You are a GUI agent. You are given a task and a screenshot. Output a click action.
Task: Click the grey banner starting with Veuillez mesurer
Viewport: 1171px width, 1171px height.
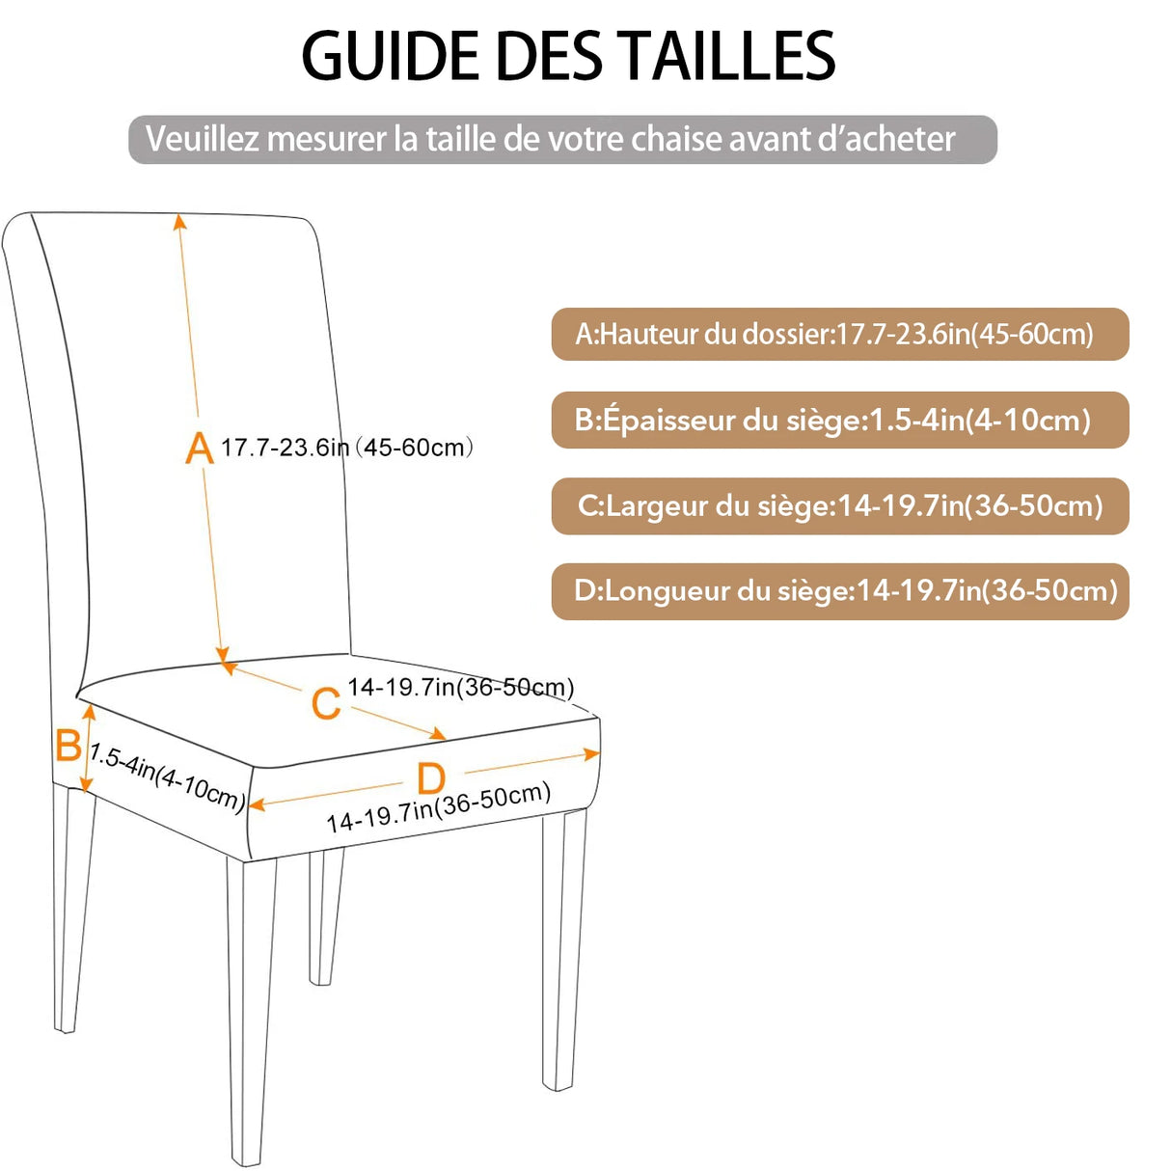click(562, 140)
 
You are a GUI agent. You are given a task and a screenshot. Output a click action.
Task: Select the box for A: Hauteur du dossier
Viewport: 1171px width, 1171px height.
click(839, 335)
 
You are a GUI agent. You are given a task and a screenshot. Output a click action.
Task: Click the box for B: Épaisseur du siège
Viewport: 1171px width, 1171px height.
click(839, 421)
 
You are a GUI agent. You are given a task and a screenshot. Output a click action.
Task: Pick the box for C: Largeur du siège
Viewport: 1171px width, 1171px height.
click(839, 506)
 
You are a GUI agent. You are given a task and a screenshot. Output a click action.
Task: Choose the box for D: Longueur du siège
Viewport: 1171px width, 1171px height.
click(839, 591)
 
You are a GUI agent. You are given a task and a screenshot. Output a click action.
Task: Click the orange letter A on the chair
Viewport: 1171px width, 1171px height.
click(199, 449)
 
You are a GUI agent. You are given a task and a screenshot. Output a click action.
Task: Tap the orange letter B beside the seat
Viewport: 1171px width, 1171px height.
click(68, 746)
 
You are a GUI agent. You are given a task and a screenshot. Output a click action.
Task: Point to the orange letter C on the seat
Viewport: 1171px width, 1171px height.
click(326, 703)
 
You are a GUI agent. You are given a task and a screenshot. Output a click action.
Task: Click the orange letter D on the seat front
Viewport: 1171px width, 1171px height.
click(431, 778)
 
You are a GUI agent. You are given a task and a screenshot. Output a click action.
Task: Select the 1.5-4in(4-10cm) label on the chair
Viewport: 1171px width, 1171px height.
click(166, 777)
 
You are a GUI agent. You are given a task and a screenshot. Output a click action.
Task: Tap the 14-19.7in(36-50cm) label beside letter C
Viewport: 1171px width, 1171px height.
click(460, 687)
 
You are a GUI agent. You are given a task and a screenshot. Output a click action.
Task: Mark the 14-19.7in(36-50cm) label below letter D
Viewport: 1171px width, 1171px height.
click(439, 808)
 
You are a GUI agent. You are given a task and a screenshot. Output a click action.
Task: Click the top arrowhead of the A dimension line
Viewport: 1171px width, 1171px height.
click(179, 221)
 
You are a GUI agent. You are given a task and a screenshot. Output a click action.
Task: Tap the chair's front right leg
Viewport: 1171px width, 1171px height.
click(563, 950)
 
